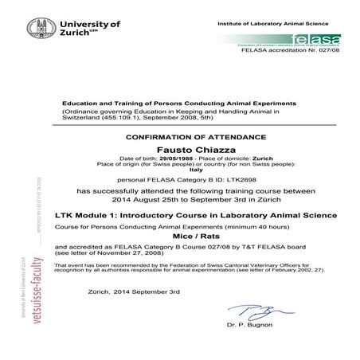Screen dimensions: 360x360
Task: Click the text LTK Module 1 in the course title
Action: click(x=84, y=215)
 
